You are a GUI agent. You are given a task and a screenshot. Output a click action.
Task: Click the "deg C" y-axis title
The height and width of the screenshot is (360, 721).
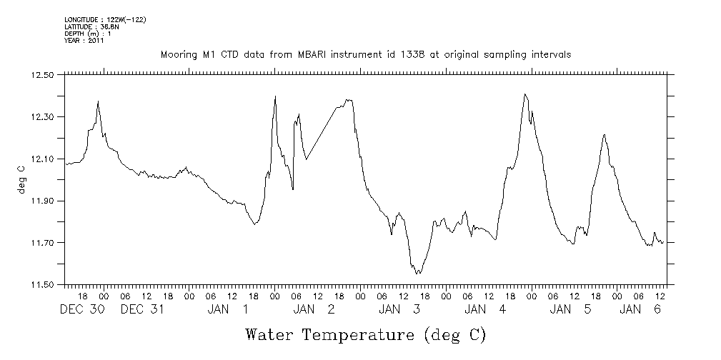(x=21, y=179)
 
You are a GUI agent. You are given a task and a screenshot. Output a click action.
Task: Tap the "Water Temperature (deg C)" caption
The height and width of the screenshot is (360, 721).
(x=366, y=334)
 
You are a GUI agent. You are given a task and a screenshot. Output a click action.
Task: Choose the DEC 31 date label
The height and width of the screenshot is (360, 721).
(x=144, y=309)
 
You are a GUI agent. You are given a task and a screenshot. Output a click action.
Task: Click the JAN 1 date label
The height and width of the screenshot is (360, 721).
(x=229, y=309)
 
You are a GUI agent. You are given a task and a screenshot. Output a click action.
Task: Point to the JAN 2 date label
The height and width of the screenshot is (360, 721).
(x=314, y=309)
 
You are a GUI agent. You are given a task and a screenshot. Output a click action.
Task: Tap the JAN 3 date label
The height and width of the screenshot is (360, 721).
(x=400, y=309)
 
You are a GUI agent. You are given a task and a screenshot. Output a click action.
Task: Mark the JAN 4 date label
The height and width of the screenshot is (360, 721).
(x=486, y=309)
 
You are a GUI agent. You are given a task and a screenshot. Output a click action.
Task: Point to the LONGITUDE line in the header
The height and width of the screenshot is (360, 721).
(x=105, y=19)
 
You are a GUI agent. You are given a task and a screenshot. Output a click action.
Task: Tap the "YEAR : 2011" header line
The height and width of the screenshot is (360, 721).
(x=84, y=41)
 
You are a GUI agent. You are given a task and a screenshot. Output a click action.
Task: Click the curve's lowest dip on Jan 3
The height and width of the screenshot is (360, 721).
(x=418, y=274)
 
